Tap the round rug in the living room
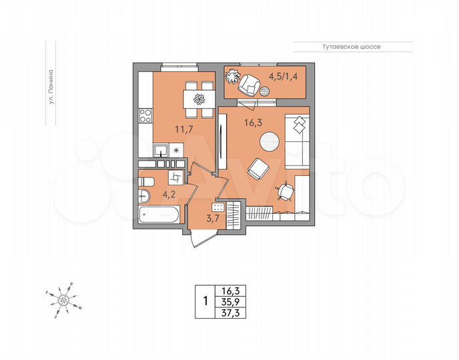[270, 141]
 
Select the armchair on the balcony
[252, 85]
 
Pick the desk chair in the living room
[287, 191]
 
